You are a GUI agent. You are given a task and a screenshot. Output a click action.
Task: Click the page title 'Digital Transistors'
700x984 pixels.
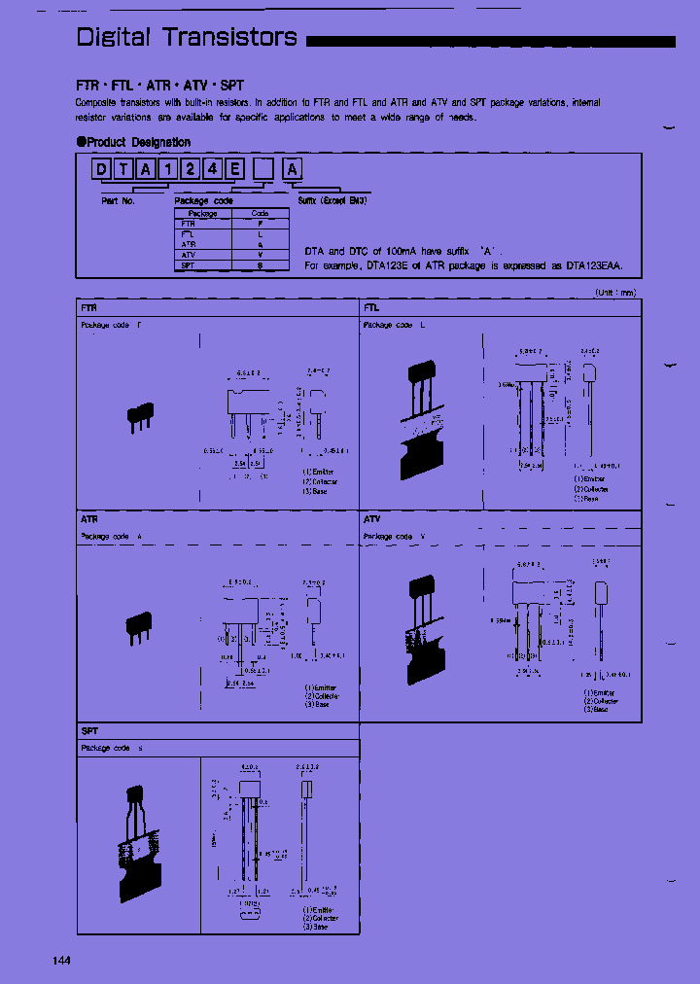187,38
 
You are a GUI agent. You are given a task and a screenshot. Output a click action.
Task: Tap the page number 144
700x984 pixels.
61,961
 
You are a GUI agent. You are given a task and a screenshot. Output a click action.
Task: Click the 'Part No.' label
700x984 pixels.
118,200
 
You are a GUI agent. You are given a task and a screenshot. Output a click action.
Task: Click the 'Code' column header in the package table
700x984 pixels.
260,213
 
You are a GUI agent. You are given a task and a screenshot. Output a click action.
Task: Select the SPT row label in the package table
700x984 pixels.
188,265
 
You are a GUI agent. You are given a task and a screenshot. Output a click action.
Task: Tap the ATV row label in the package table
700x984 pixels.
188,255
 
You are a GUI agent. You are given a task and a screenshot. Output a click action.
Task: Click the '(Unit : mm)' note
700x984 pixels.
614,292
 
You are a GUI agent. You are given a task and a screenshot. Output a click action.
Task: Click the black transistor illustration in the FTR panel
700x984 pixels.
140,416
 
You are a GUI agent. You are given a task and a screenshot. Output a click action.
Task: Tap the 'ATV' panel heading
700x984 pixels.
372,519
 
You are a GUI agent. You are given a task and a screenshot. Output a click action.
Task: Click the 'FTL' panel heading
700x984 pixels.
371,307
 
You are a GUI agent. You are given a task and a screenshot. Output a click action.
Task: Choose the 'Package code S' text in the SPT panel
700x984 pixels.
112,748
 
